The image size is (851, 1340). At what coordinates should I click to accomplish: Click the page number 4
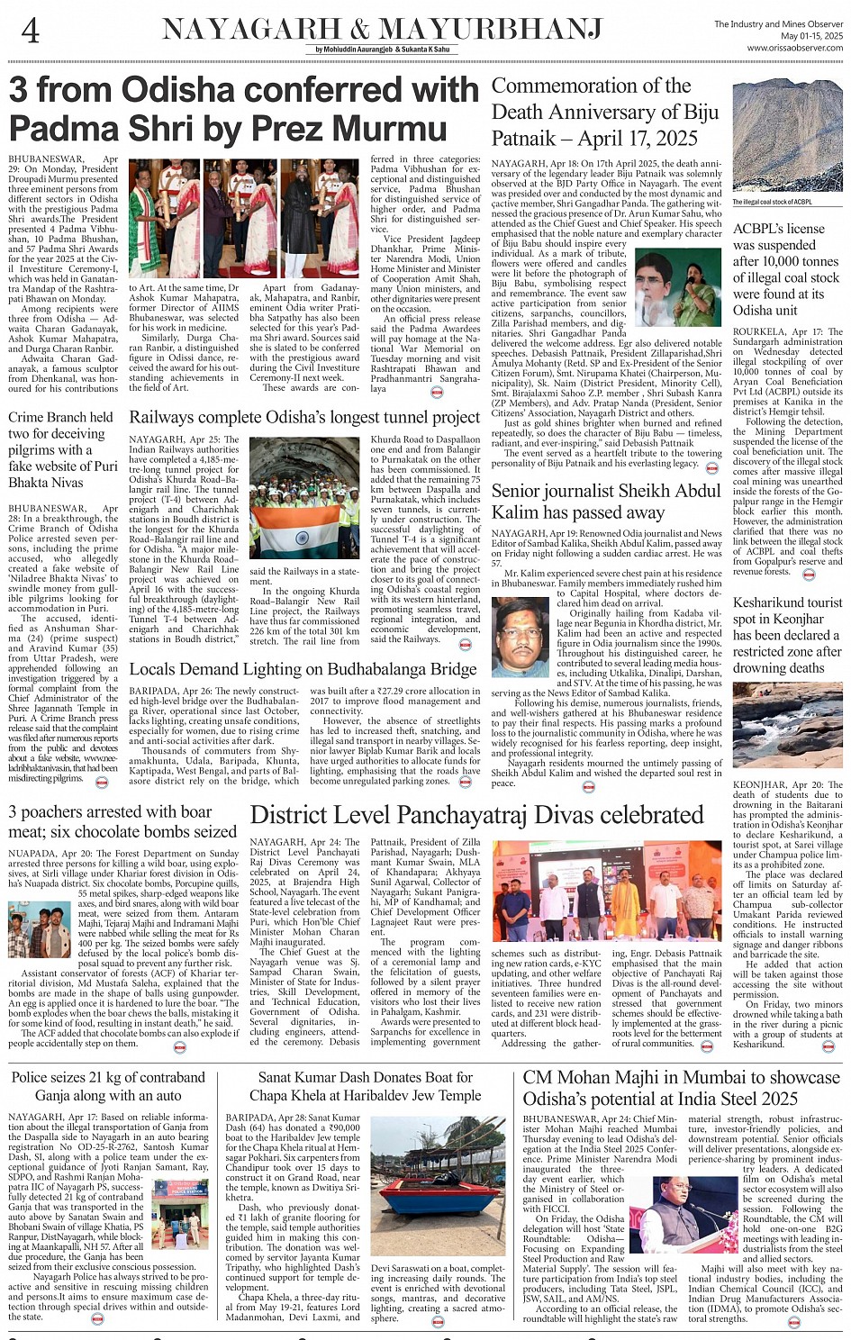[30, 31]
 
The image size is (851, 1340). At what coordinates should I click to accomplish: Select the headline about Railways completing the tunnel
[304, 417]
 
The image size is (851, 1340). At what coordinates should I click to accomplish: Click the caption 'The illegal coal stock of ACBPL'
[773, 202]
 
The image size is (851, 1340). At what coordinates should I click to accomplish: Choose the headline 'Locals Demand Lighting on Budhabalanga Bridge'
[303, 669]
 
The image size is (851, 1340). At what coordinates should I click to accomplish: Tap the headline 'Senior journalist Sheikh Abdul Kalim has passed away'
[606, 502]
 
